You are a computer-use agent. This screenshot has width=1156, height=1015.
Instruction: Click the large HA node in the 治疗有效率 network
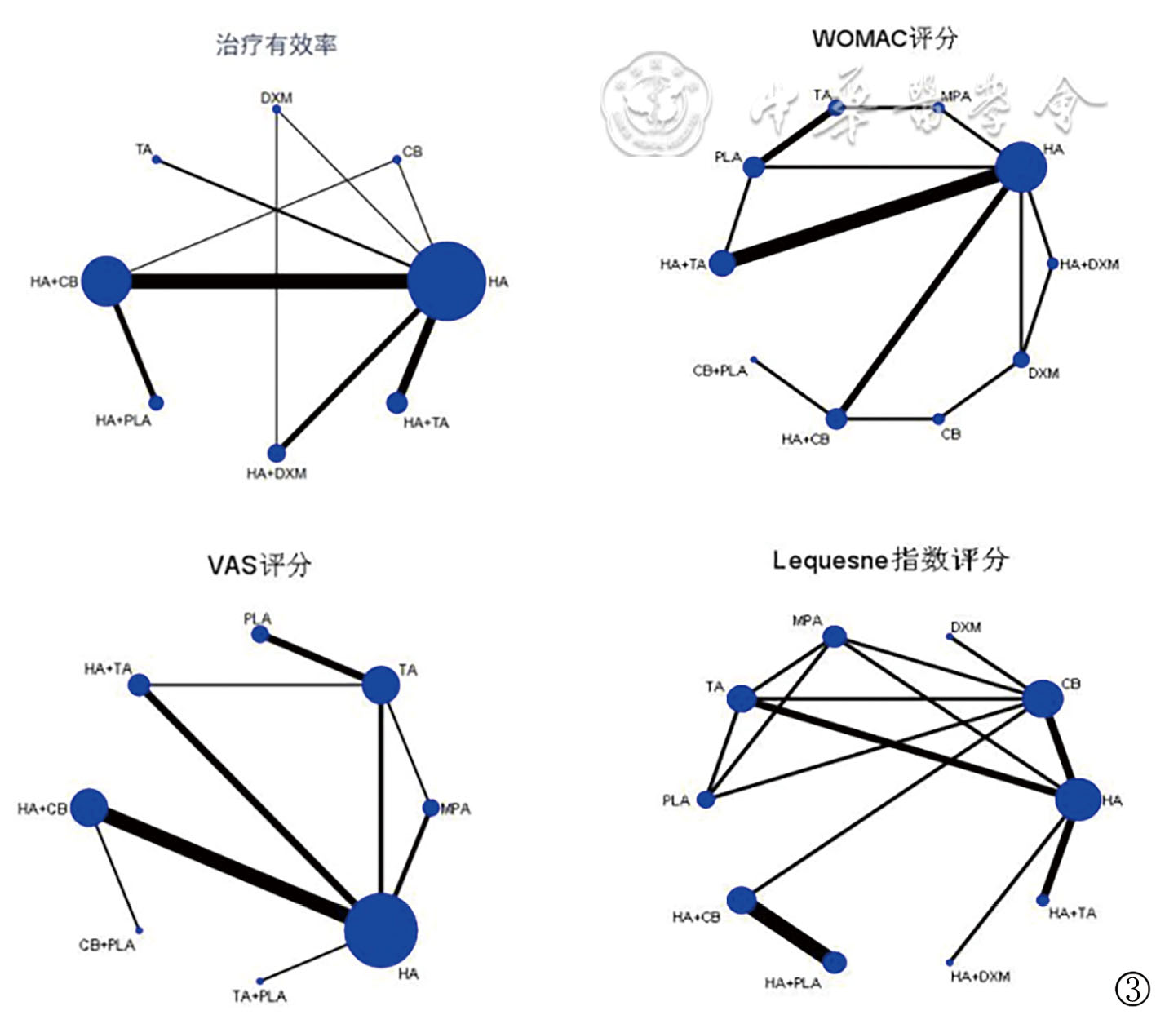point(445,281)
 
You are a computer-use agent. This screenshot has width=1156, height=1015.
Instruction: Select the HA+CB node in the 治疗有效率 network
point(107,281)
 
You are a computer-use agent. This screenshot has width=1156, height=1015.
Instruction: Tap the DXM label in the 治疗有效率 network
point(277,98)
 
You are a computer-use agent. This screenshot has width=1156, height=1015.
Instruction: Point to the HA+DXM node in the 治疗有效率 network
point(277,453)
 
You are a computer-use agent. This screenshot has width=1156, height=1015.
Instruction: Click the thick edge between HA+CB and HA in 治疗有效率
point(269,281)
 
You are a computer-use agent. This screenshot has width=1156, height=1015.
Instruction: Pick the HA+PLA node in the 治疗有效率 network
point(156,402)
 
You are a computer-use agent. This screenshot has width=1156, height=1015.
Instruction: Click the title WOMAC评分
point(885,38)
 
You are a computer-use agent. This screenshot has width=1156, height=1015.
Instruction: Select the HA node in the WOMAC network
point(1021,167)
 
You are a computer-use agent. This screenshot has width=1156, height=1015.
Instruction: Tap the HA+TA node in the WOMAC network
point(722,264)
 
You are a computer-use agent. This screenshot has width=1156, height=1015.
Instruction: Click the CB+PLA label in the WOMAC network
point(720,371)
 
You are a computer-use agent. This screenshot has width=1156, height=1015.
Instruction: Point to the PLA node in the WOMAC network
point(753,167)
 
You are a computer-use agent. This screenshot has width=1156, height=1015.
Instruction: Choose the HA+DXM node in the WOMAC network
point(1052,264)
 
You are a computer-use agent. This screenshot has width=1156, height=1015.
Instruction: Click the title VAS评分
point(259,565)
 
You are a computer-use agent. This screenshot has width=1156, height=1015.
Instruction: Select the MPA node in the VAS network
point(431,808)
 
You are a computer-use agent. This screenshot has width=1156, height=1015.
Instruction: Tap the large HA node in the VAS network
point(381,931)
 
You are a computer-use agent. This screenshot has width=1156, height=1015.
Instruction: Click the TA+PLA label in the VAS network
point(259,996)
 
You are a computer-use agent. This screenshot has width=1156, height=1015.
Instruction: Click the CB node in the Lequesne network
point(1043,698)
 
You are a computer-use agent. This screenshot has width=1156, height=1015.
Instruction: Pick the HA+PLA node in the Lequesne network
point(835,962)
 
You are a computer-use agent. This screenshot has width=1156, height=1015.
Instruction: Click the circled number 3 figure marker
point(1132,989)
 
